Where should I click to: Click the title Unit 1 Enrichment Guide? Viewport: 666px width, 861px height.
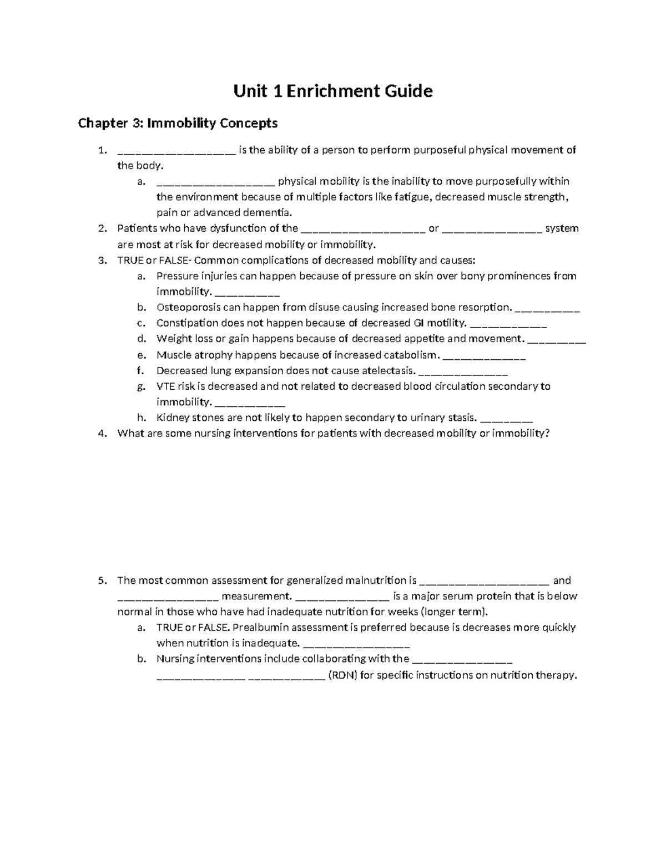(x=332, y=91)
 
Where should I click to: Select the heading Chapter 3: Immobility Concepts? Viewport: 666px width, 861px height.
(x=178, y=123)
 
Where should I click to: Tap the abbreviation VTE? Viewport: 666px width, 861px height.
(x=165, y=386)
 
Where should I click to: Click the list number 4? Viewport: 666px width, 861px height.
(x=101, y=434)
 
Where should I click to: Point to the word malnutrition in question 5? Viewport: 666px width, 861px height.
(x=376, y=581)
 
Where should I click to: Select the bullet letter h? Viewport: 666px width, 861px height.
(x=141, y=418)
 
